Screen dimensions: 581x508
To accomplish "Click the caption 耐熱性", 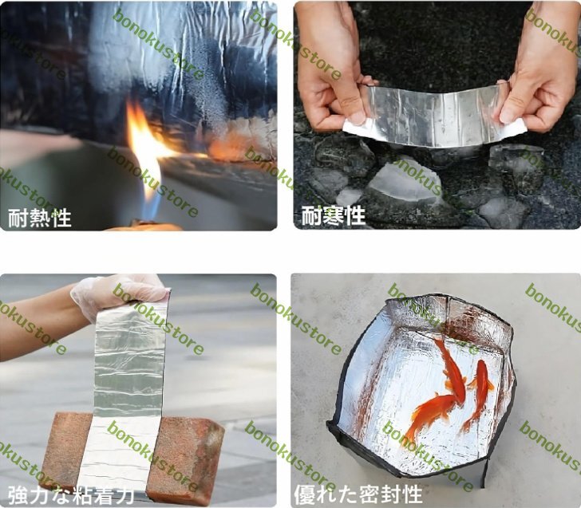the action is pos(40,218).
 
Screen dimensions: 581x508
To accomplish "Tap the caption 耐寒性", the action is pos(333,215).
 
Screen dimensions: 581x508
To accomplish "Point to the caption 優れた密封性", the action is pos(358,494).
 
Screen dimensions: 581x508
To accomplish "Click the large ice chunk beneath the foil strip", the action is pos(404,182).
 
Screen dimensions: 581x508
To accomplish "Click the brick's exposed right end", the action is pos(185,457).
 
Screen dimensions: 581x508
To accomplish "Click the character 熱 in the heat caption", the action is pos(40,218).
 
